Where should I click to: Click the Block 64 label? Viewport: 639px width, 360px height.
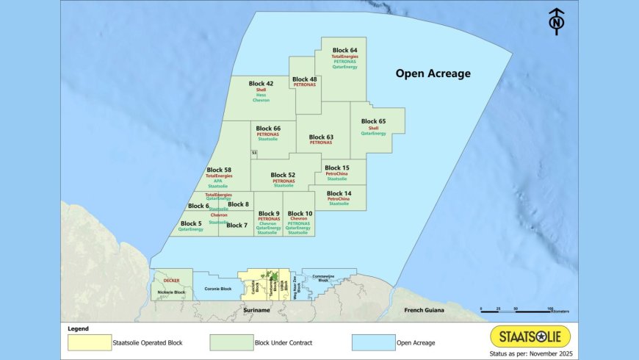click(x=344, y=51)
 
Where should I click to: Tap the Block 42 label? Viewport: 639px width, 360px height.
click(x=261, y=84)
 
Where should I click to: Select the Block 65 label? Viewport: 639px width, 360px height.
click(x=373, y=121)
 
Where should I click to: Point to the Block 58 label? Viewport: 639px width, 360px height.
click(x=219, y=170)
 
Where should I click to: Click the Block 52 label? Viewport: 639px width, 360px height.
click(x=283, y=175)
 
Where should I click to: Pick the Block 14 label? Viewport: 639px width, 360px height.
click(x=339, y=192)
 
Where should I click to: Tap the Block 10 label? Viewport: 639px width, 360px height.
click(x=298, y=213)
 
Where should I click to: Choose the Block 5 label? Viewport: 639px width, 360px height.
click(x=190, y=223)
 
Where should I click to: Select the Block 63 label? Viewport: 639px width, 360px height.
click(x=321, y=137)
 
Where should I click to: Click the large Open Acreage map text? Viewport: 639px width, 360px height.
click(x=433, y=73)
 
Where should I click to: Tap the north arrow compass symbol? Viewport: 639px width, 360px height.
click(x=557, y=21)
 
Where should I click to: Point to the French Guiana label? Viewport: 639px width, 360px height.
click(x=425, y=311)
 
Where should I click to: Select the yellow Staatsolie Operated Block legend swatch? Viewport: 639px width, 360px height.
click(x=88, y=342)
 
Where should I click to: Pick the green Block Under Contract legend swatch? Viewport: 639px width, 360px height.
click(x=231, y=342)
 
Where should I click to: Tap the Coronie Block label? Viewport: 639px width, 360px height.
click(x=217, y=289)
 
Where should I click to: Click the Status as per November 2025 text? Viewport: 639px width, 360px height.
click(x=530, y=354)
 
